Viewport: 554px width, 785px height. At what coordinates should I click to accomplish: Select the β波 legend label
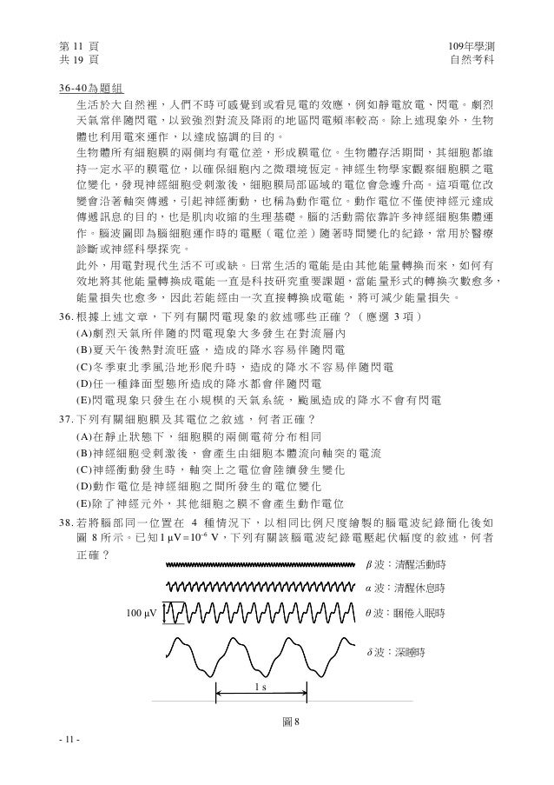click(x=405, y=563)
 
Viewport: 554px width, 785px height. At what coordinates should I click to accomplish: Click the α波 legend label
click(x=405, y=588)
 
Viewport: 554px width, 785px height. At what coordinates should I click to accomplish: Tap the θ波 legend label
click(x=406, y=613)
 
